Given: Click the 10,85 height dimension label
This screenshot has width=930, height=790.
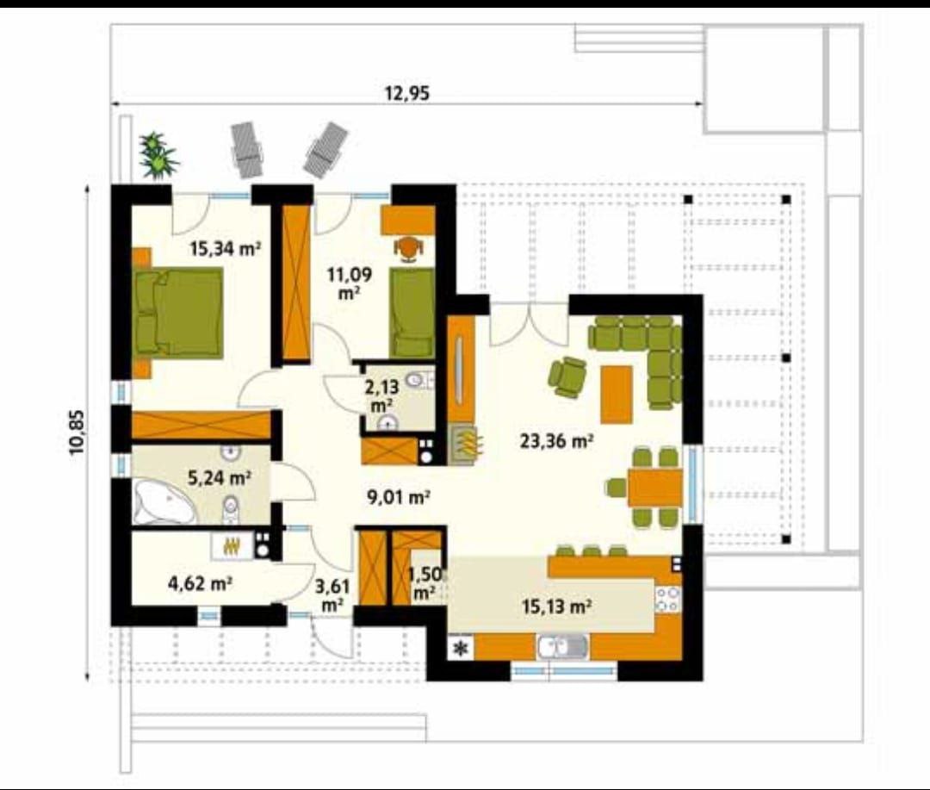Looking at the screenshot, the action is click(x=77, y=432).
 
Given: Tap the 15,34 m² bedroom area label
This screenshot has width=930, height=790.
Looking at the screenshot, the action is click(x=226, y=248).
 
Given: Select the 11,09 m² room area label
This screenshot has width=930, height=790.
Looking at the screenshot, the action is click(x=350, y=283).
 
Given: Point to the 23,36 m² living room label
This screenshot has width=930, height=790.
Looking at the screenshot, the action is click(x=557, y=441).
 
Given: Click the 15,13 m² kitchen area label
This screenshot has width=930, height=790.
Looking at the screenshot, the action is click(x=555, y=606).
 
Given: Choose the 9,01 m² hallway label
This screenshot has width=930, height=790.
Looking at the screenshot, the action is click(x=398, y=497).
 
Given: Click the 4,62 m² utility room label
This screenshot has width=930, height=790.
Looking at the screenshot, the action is click(x=200, y=584).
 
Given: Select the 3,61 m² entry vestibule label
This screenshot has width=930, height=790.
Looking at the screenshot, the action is click(x=332, y=594).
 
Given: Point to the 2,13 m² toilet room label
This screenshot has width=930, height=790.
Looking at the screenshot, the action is click(x=382, y=396).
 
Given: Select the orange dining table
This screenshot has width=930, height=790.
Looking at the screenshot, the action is click(x=654, y=488).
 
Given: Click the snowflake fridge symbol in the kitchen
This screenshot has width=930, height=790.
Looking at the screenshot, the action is click(x=460, y=649).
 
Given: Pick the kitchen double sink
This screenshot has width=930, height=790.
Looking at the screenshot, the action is click(x=563, y=647).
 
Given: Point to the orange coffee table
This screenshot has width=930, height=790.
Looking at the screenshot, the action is click(x=617, y=395).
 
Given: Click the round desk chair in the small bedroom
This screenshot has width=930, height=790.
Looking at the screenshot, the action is click(x=409, y=248).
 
